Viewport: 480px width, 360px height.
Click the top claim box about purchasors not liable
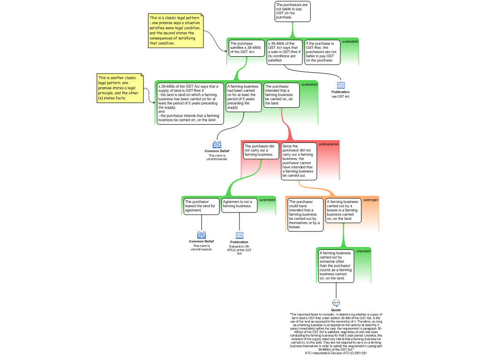pyautogui.click(x=292, y=11)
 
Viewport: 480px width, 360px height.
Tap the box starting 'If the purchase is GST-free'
pyautogui.click(x=322, y=52)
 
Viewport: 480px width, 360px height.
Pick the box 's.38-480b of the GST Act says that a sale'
pyautogui.click(x=285, y=52)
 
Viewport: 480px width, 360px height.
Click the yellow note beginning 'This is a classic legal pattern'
pyautogui.click(x=176, y=30)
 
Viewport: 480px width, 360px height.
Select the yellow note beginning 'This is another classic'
pyautogui.click(x=120, y=88)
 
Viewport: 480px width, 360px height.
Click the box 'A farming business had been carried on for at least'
pyautogui.click(x=243, y=97)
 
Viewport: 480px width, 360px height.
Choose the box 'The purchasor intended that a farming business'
pyautogui.click(x=281, y=95)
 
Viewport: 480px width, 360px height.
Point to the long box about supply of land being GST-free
pyautogui.click(x=189, y=103)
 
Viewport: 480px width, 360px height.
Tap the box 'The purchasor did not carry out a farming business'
pyautogui.click(x=261, y=150)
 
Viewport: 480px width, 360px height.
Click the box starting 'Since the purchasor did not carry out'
pyautogui.click(x=299, y=161)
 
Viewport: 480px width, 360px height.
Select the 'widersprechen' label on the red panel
pyautogui.click(x=329, y=144)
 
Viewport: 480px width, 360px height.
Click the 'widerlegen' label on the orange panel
pyautogui.click(x=371, y=200)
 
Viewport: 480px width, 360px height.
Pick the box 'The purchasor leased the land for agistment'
pyautogui.click(x=201, y=206)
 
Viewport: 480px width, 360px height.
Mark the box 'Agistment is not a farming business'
pyautogui.click(x=239, y=204)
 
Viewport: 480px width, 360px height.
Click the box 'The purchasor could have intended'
pyautogui.click(x=305, y=214)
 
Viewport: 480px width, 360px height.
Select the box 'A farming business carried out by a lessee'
pyautogui.click(x=343, y=210)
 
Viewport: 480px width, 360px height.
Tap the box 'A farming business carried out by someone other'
pyautogui.click(x=336, y=266)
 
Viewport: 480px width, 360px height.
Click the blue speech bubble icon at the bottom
pyautogui.click(x=336, y=303)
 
